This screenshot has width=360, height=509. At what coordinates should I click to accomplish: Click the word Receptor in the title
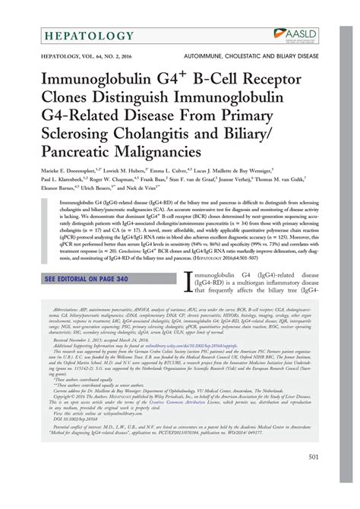[270, 81]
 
